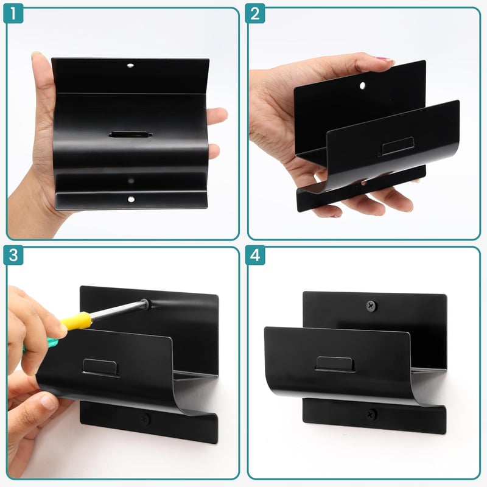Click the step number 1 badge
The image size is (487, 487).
coord(13,13)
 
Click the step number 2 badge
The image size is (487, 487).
coord(255,13)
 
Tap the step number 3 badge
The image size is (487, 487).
coord(13,255)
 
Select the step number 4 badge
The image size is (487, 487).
coord(255,255)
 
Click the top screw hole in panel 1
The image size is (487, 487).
coord(130,66)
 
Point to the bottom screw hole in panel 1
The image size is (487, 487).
coord(131,199)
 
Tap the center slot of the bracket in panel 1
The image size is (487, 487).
coord(130,135)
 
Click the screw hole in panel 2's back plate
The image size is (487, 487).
coord(362,85)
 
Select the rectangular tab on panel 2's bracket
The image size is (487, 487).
coord(397,146)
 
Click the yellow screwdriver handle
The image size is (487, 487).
coord(77,320)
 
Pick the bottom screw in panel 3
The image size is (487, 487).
coord(145,419)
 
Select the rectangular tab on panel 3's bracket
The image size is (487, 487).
coord(100,368)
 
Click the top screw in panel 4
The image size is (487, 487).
coord(371,306)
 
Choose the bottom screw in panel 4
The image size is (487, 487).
coord(371,415)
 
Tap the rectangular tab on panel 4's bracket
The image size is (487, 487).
coord(335,364)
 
